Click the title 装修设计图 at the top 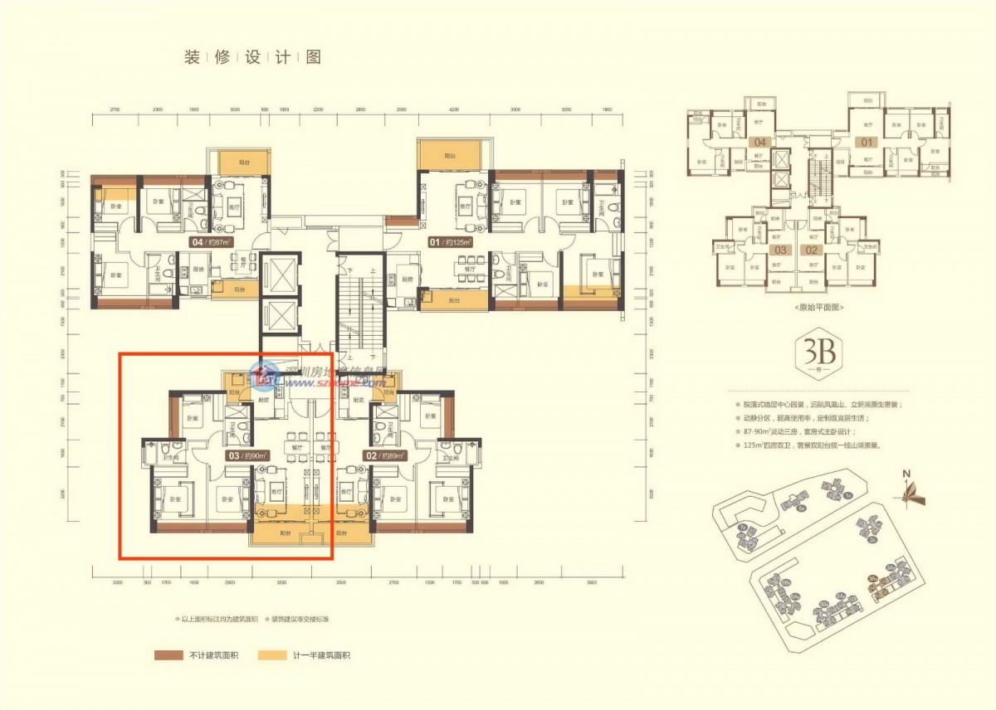(x=251, y=57)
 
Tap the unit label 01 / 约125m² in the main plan (x=450, y=242)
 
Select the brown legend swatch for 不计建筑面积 (x=168, y=655)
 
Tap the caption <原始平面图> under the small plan (x=818, y=307)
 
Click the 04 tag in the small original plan (x=759, y=143)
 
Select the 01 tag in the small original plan (x=867, y=143)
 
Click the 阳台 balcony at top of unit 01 (x=449, y=156)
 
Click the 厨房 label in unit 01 (x=406, y=280)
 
